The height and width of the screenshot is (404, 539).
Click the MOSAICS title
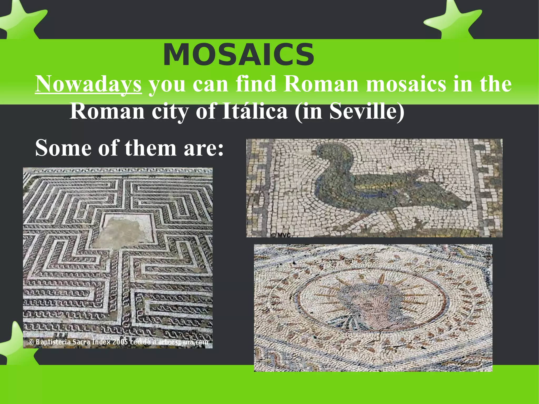(238, 55)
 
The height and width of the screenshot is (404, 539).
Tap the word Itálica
(254, 111)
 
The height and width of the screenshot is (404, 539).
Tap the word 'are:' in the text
(204, 148)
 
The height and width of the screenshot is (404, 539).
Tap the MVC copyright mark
(281, 235)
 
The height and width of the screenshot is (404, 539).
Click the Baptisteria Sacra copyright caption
(118, 342)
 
